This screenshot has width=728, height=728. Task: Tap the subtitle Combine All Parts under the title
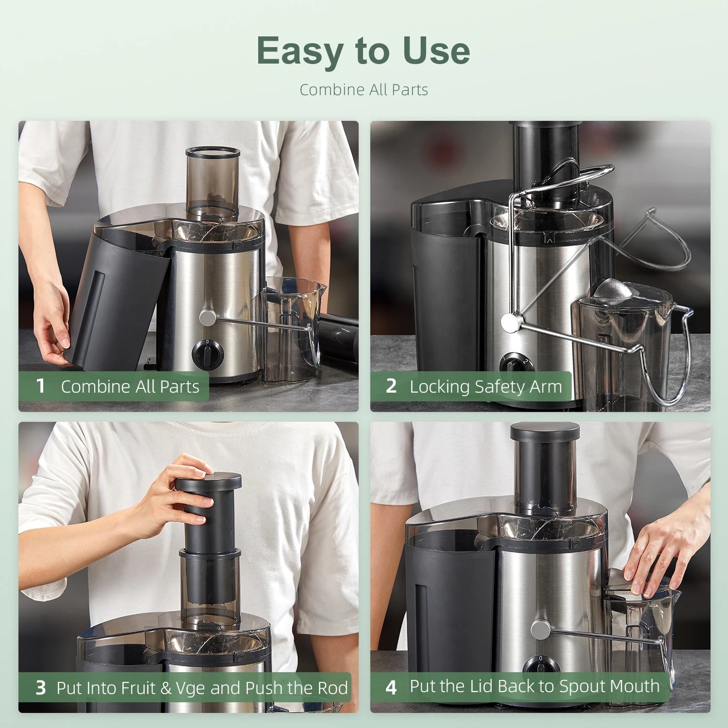(x=364, y=90)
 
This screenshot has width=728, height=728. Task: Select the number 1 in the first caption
(x=41, y=386)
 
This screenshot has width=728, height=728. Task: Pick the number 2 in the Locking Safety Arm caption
(x=391, y=386)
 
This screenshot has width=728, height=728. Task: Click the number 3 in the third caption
(x=41, y=688)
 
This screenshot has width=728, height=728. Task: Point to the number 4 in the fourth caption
(x=391, y=687)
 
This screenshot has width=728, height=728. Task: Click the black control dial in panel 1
(x=208, y=353)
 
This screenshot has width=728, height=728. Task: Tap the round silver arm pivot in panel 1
(x=207, y=318)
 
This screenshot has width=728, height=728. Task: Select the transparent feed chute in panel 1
(x=213, y=182)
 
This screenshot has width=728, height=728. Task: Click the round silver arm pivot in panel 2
(x=509, y=323)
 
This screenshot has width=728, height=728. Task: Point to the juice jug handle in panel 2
(x=679, y=354)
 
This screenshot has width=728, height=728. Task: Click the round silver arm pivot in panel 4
(x=540, y=630)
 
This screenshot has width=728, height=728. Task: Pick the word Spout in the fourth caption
(x=579, y=686)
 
